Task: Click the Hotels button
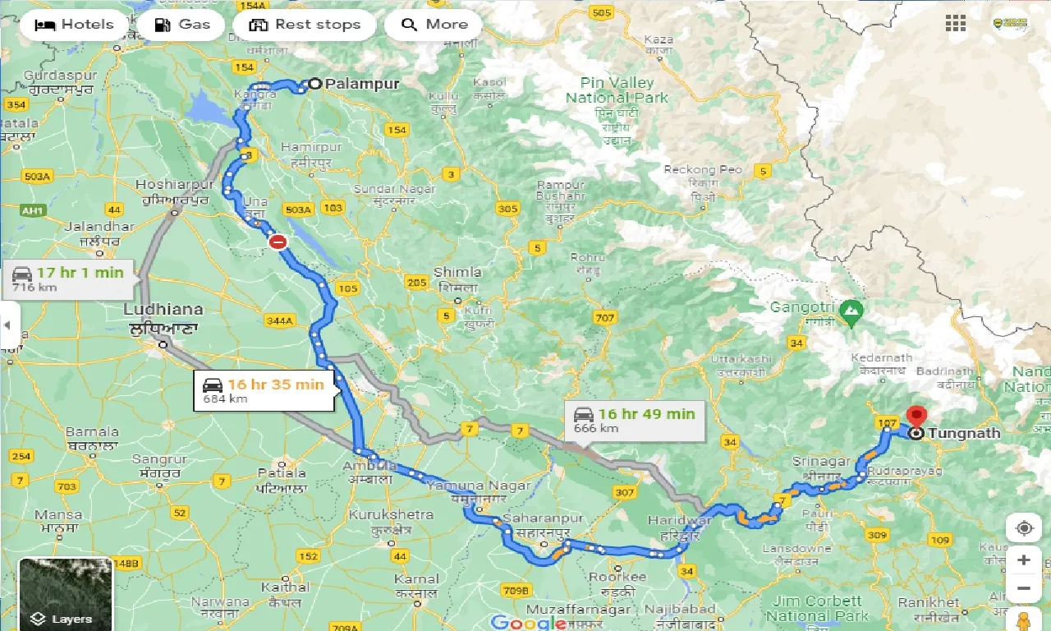(x=74, y=25)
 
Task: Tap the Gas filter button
(x=182, y=25)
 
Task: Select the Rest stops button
(x=305, y=25)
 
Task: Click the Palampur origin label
(x=361, y=84)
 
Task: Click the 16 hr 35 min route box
(x=264, y=390)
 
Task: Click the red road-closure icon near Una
(x=278, y=241)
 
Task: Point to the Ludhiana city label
(x=163, y=310)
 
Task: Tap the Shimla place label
(x=457, y=273)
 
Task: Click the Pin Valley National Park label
(x=617, y=90)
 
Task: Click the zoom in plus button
(x=1023, y=560)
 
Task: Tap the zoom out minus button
(x=1023, y=588)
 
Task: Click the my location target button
(x=1023, y=527)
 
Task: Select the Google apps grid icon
(x=956, y=24)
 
